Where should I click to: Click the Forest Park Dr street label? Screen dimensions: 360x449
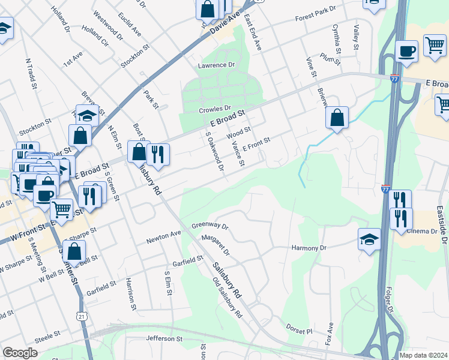pos(318,18)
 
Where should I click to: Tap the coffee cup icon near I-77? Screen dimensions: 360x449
pos(407,52)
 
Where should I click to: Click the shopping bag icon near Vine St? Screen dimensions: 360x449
pos(337,117)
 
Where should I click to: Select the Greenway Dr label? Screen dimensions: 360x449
pos(210,227)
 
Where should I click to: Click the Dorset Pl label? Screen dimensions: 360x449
pos(300,331)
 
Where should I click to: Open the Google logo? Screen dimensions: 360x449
pos(20,353)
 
